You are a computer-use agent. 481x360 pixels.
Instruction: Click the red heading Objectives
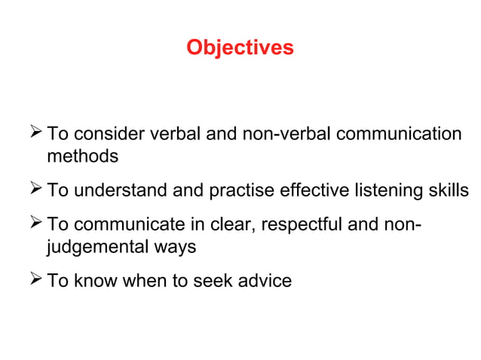(x=240, y=48)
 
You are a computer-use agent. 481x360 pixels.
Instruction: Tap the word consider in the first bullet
(x=109, y=135)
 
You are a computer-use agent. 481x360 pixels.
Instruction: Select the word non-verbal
(x=288, y=135)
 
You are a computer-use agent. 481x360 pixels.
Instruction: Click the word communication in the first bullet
(x=398, y=135)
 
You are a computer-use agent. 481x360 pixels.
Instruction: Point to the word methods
(x=83, y=157)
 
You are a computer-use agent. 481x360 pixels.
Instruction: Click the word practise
(x=238, y=191)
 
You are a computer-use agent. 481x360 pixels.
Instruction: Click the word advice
(x=263, y=281)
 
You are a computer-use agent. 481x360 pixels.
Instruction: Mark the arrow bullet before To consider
(x=35, y=134)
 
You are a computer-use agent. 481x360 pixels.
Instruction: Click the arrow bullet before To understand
(x=35, y=190)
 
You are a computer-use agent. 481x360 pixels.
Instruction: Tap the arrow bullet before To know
(x=35, y=280)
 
